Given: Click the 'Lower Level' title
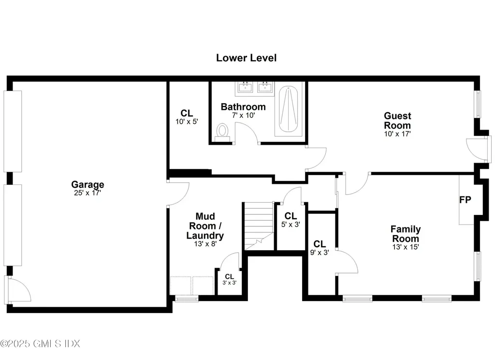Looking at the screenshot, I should click(x=246, y=58).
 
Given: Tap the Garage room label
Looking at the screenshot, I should click(x=87, y=184).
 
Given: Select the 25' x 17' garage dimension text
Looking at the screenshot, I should click(x=87, y=193).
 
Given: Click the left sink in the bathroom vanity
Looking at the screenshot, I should click(x=246, y=88).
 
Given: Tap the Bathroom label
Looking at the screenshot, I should click(x=243, y=107).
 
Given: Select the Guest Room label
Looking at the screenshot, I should click(x=397, y=120).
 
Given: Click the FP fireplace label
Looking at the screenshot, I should click(x=465, y=199).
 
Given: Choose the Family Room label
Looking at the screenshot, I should click(x=406, y=234).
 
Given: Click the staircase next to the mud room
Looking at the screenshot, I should click(x=259, y=225).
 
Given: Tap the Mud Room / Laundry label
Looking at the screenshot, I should click(x=205, y=226).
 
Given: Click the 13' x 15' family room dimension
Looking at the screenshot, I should click(x=405, y=247).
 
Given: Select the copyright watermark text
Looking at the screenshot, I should click(x=40, y=344).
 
